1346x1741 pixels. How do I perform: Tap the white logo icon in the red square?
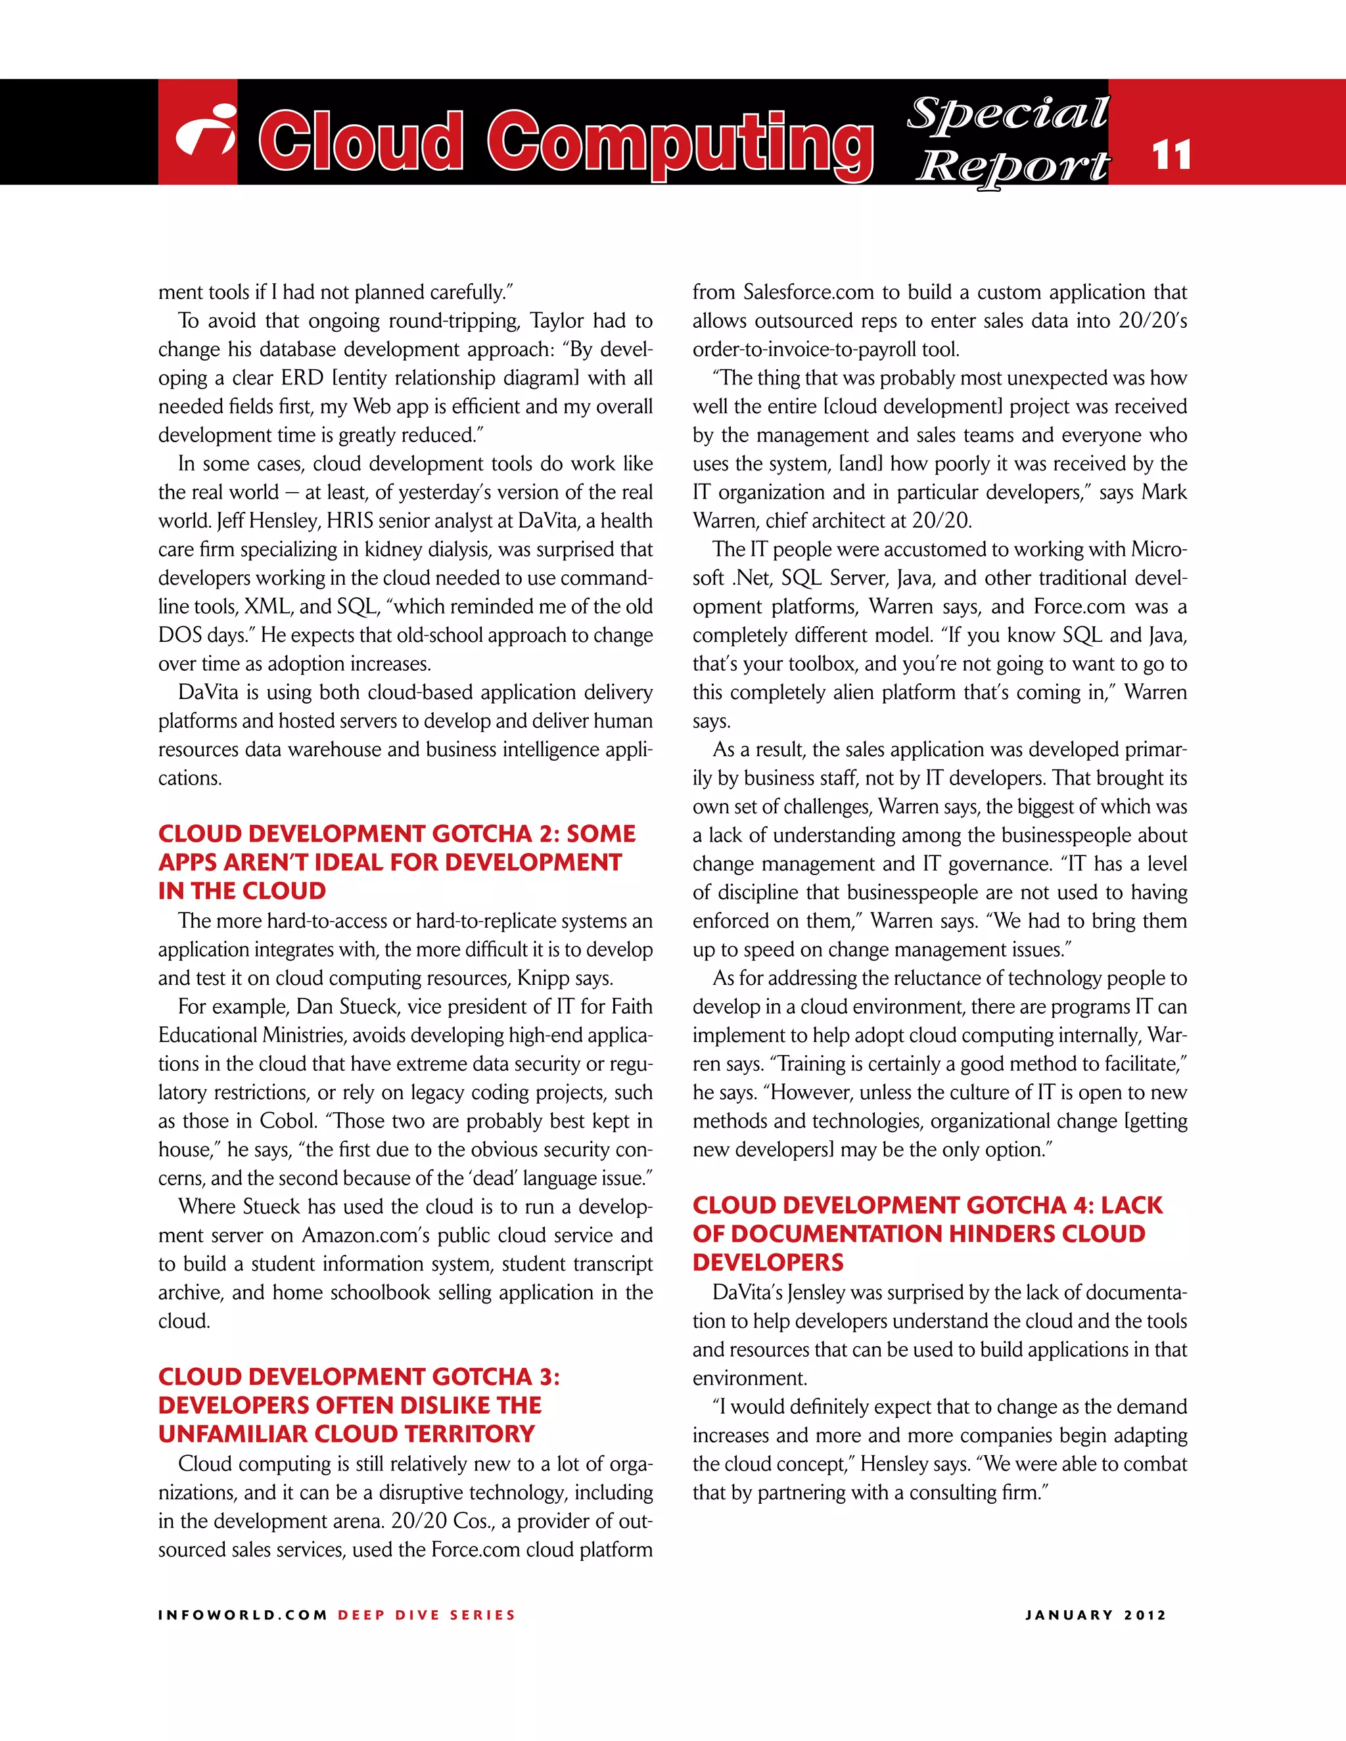click(206, 131)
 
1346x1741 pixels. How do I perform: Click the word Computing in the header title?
click(680, 142)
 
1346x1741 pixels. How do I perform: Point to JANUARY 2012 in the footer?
click(1096, 1615)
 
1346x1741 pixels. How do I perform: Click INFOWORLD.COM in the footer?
click(243, 1615)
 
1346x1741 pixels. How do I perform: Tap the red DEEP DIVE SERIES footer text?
click(427, 1615)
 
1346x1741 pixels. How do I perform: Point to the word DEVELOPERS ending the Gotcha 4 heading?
click(768, 1263)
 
